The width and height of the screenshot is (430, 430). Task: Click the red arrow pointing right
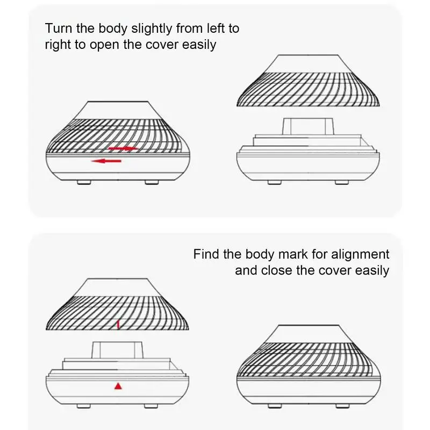124,149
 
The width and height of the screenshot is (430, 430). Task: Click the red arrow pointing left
106,161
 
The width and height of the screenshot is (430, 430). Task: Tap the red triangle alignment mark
118,386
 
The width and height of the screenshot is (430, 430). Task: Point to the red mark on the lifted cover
118,324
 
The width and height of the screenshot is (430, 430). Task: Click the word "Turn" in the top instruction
59,28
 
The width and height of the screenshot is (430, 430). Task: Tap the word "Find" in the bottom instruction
206,254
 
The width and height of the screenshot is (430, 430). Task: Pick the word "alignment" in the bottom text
360,255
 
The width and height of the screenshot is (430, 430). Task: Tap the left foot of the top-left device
84,182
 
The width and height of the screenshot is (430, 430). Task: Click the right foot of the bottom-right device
342,406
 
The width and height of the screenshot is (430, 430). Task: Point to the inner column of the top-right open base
308,126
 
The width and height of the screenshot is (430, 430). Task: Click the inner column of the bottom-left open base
117,350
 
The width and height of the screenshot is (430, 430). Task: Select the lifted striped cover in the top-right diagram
308,81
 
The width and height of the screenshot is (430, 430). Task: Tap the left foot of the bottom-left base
84,406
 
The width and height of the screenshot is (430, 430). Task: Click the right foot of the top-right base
342,182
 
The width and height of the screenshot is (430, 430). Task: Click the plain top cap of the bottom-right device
309,334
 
